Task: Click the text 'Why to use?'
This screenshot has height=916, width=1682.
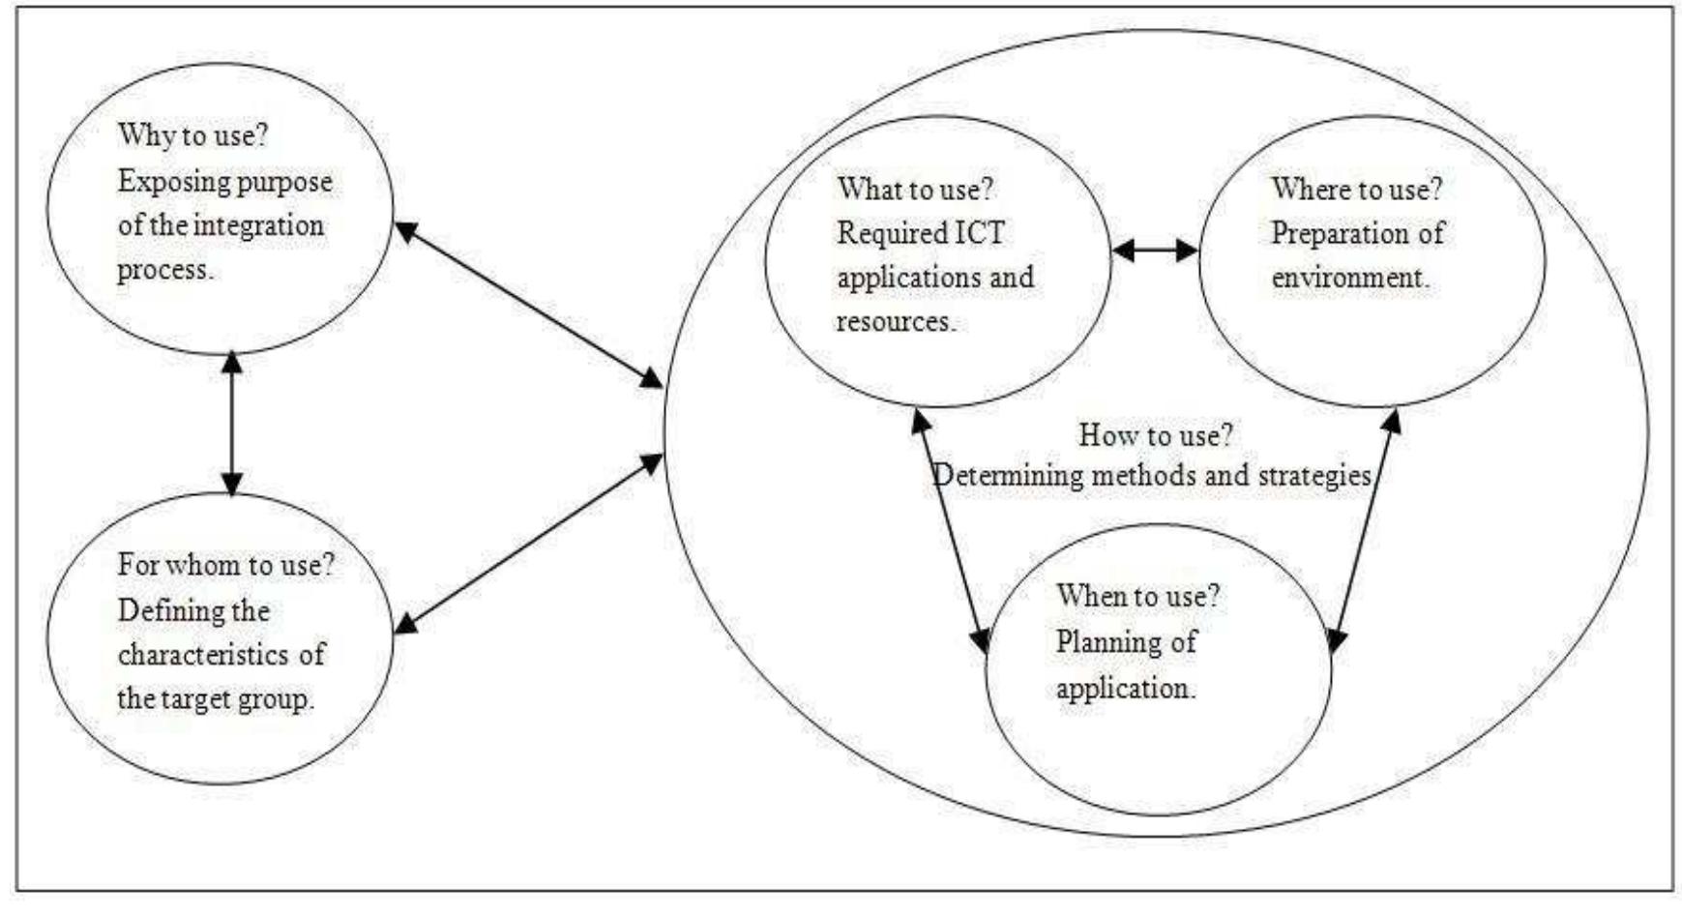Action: pos(192,134)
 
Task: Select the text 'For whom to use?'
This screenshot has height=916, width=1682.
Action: pos(225,565)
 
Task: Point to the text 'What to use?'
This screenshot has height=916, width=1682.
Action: pos(915,189)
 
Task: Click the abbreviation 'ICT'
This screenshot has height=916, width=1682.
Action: pos(980,233)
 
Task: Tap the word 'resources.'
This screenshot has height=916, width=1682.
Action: pos(896,322)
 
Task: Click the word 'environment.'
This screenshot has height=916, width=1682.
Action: pos(1350,278)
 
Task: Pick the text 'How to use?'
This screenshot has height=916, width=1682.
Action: pos(1156,435)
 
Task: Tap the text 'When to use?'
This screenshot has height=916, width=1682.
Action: pos(1138,596)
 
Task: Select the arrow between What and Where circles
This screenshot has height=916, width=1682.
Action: pos(1155,251)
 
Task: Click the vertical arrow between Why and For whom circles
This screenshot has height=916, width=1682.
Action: pos(231,424)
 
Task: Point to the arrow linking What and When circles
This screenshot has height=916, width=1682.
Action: pos(951,530)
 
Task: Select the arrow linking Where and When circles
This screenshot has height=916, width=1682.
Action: pos(1365,530)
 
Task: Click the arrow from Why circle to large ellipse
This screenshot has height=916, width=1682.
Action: pos(529,305)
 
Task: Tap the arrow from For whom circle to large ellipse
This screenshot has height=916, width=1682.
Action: pos(529,545)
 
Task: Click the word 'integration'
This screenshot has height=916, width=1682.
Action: pos(258,225)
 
